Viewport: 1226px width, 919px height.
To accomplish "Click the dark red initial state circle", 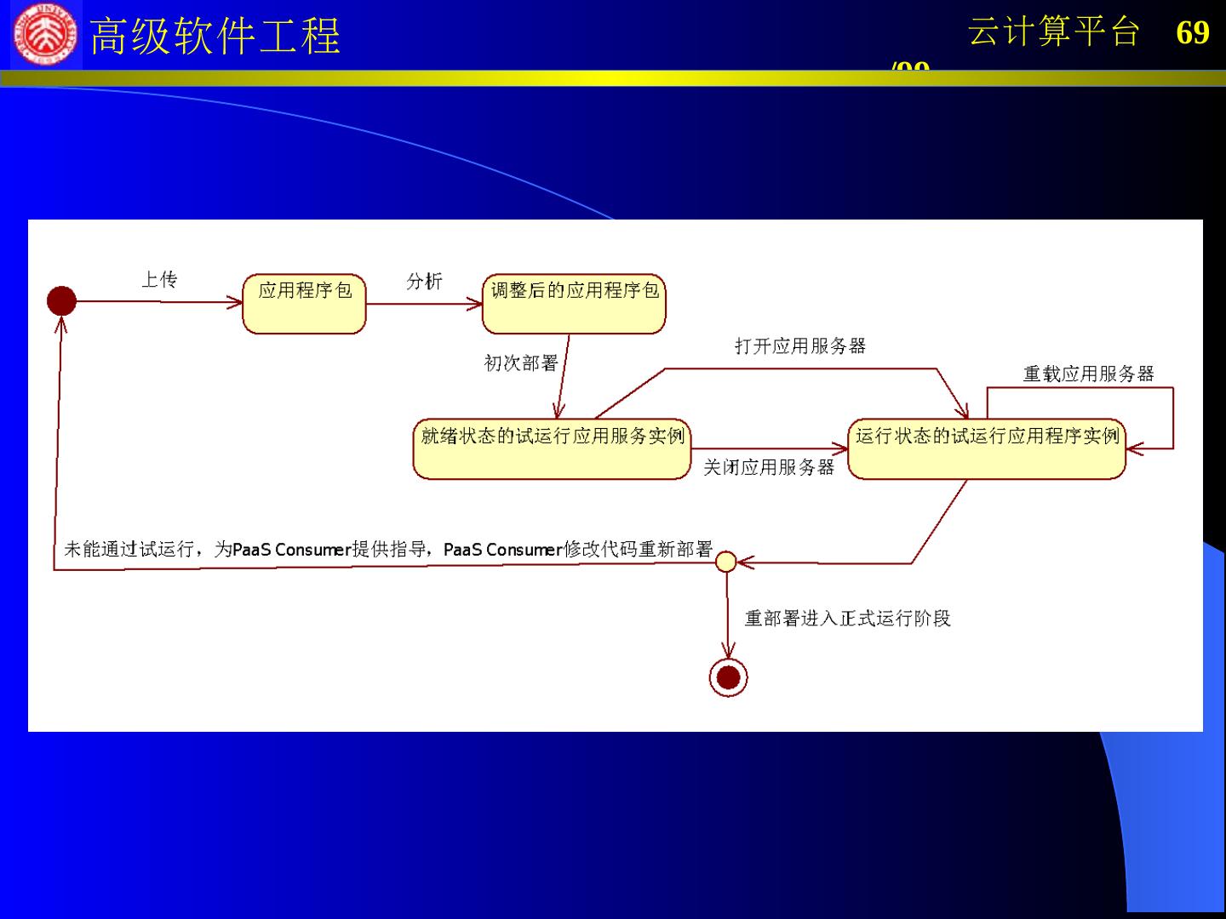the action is (61, 300).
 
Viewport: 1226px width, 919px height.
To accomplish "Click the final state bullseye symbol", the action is (728, 677).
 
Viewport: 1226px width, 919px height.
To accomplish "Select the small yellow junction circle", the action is (725, 562).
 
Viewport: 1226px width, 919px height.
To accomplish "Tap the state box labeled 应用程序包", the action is (304, 304).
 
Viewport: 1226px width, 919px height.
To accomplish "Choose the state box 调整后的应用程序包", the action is (574, 304).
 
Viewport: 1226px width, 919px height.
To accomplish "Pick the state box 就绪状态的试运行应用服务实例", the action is (552, 448).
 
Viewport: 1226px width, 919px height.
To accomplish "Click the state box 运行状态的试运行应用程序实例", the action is (987, 448).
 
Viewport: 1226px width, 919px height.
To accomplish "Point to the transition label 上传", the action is (159, 280).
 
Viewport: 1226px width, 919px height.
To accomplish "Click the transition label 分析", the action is (424, 281).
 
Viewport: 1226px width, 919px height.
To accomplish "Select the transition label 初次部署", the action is (520, 363).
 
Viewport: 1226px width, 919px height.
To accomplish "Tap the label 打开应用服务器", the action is (800, 345).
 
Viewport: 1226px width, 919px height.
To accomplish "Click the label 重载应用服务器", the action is (1088, 374).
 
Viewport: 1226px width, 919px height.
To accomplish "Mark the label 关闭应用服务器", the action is (769, 467).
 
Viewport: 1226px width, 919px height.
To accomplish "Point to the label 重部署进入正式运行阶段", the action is (847, 619).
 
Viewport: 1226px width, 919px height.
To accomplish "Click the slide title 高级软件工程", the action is (215, 37).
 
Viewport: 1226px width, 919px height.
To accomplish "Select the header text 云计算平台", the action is (1054, 32).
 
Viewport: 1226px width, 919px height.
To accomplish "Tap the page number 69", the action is (1192, 32).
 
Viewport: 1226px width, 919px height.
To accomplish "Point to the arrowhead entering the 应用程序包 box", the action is (236, 301).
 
